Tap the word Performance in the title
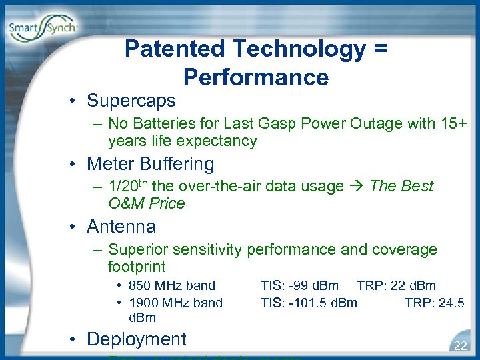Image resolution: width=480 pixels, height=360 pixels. (x=256, y=77)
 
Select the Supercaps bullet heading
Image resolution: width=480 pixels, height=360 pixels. (x=131, y=101)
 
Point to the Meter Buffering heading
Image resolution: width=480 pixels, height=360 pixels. (x=150, y=164)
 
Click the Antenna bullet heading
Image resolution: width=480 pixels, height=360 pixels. (x=121, y=227)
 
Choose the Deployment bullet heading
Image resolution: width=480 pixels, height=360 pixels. (x=136, y=339)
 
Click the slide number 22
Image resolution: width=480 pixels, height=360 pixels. (x=460, y=345)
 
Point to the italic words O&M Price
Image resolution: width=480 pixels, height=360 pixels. (x=146, y=203)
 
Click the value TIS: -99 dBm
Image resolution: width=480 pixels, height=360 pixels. (x=299, y=286)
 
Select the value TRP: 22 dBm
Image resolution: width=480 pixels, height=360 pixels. (x=396, y=286)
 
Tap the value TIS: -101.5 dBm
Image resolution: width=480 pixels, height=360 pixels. (x=309, y=303)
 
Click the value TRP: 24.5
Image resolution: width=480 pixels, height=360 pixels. (x=434, y=303)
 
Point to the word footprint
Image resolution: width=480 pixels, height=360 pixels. (x=137, y=267)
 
